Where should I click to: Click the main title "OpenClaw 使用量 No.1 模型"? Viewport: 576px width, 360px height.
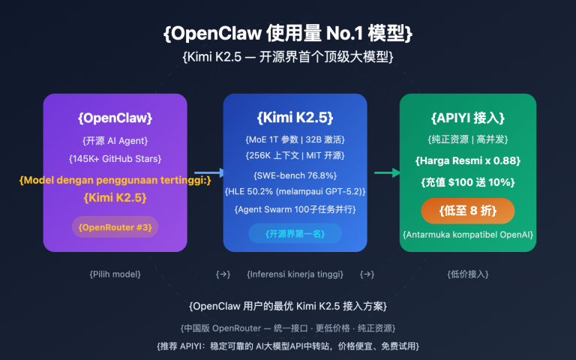click(x=287, y=33)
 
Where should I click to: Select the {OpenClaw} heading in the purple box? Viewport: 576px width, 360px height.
click(x=115, y=118)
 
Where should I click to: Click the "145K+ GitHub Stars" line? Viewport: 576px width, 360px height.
click(x=115, y=158)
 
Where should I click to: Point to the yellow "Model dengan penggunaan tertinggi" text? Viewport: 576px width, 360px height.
click(x=115, y=179)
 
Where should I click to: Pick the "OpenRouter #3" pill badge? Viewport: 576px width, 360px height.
click(x=115, y=226)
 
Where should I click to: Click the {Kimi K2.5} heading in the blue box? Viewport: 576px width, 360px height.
click(x=295, y=118)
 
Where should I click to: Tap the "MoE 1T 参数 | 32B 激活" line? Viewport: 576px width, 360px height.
click(x=295, y=139)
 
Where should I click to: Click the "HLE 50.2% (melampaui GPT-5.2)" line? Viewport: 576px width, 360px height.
click(x=295, y=192)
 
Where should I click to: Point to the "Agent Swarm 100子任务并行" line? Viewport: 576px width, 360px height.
click(x=295, y=209)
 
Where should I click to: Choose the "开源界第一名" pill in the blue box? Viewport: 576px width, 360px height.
click(x=295, y=233)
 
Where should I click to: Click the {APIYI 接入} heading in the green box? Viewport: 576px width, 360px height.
click(x=467, y=118)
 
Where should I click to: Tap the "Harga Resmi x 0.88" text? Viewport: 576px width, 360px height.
click(x=467, y=161)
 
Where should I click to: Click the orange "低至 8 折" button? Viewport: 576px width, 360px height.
click(x=467, y=211)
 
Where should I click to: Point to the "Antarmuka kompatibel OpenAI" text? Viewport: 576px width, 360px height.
click(x=467, y=235)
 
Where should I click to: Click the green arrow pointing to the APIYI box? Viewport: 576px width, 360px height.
click(x=386, y=172)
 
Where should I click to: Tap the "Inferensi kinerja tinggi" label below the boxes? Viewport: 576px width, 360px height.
click(x=295, y=274)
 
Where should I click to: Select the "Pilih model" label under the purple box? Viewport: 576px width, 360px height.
click(x=115, y=274)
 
